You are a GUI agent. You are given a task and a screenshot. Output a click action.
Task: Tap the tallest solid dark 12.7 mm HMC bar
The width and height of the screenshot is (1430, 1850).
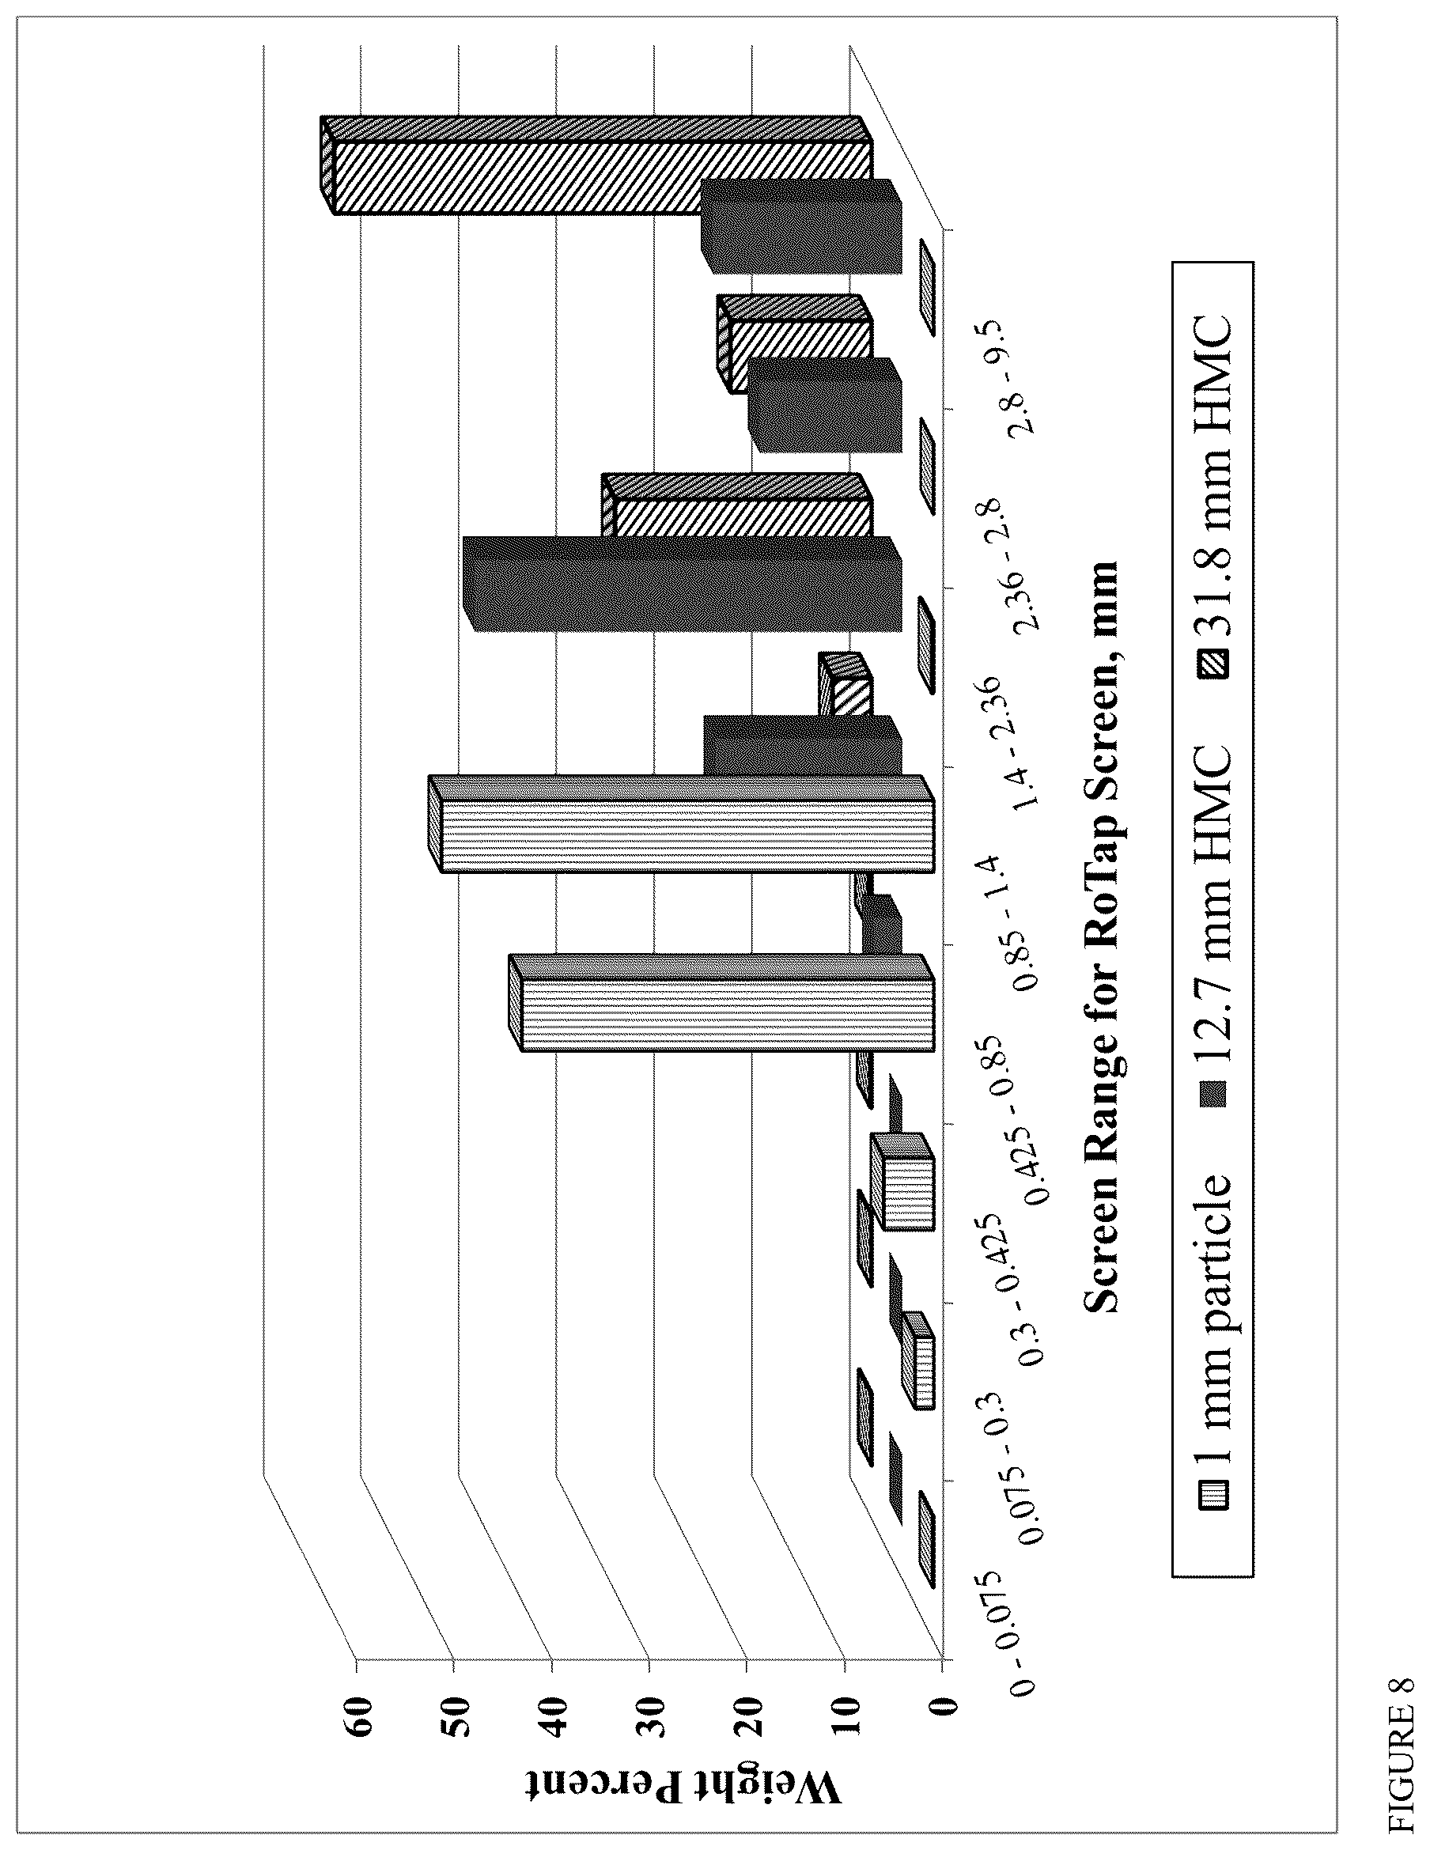[683, 585]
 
